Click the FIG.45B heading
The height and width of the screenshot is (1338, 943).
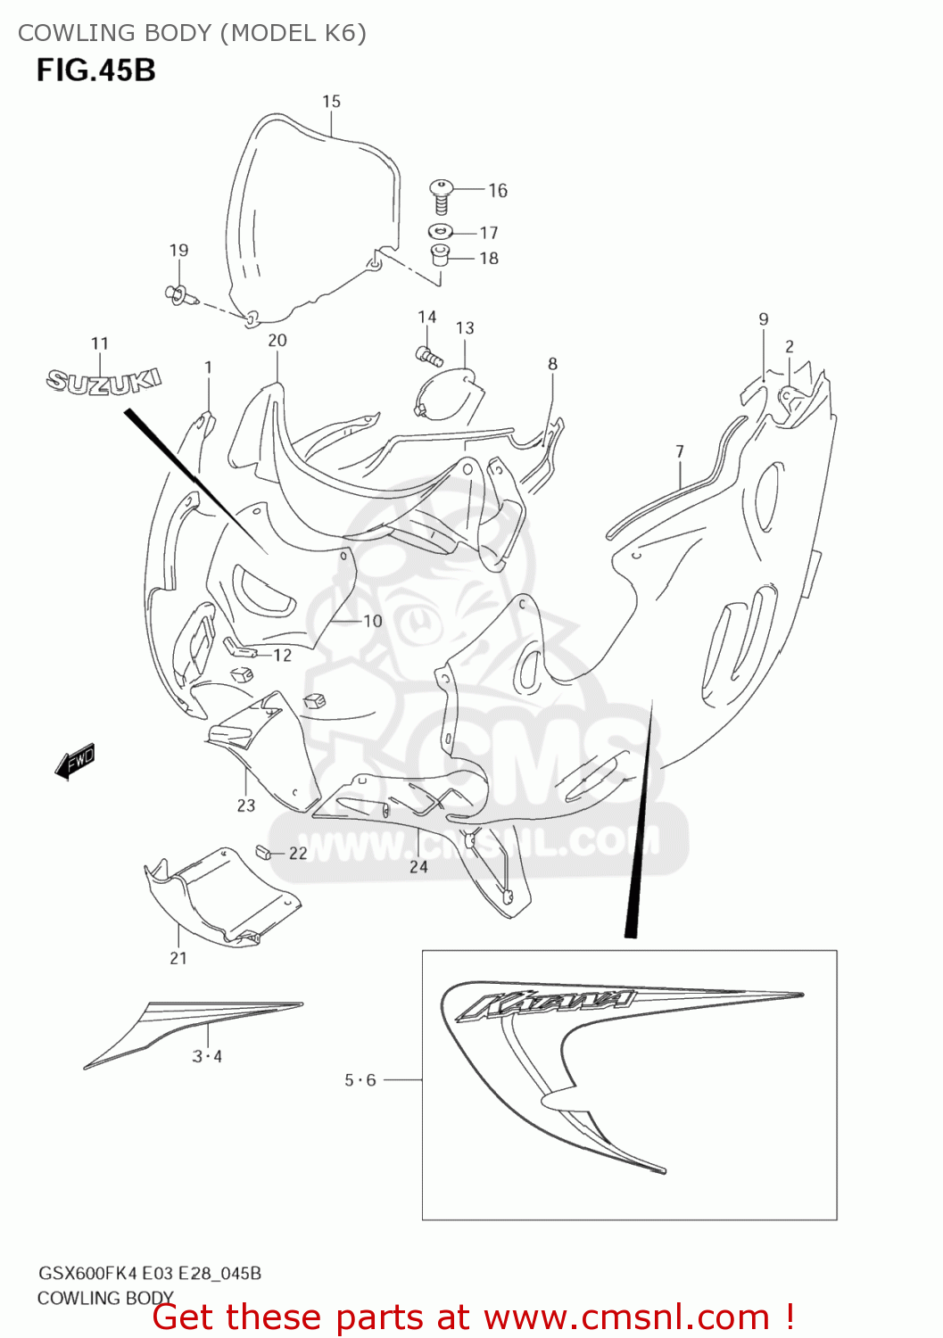pyautogui.click(x=96, y=70)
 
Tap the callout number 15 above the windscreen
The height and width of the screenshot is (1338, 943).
pyautogui.click(x=331, y=102)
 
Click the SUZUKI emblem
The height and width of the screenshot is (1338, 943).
pyautogui.click(x=103, y=381)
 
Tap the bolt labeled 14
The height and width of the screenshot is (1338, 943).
pyautogui.click(x=429, y=355)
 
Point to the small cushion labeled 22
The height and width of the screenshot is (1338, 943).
pyautogui.click(x=262, y=852)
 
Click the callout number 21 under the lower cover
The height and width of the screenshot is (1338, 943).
pyautogui.click(x=178, y=958)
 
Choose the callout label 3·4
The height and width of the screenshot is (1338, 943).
pyautogui.click(x=207, y=1057)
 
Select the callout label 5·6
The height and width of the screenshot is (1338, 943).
pyautogui.click(x=360, y=1080)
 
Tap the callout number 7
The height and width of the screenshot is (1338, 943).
pyautogui.click(x=680, y=451)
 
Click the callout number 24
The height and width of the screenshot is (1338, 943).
pyautogui.click(x=418, y=866)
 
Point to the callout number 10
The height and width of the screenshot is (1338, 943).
pyautogui.click(x=372, y=621)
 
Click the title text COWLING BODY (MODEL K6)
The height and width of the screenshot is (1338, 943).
pyautogui.click(x=192, y=33)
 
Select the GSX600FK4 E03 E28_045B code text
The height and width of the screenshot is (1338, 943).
pyautogui.click(x=149, y=1273)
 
